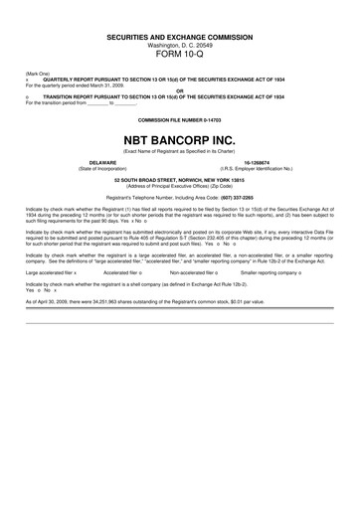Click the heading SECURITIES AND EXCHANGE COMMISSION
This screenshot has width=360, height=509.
point(180,36)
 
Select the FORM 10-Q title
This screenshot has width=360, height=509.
point(180,56)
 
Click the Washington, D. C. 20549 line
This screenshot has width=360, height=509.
point(180,45)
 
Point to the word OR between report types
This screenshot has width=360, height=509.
point(180,90)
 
